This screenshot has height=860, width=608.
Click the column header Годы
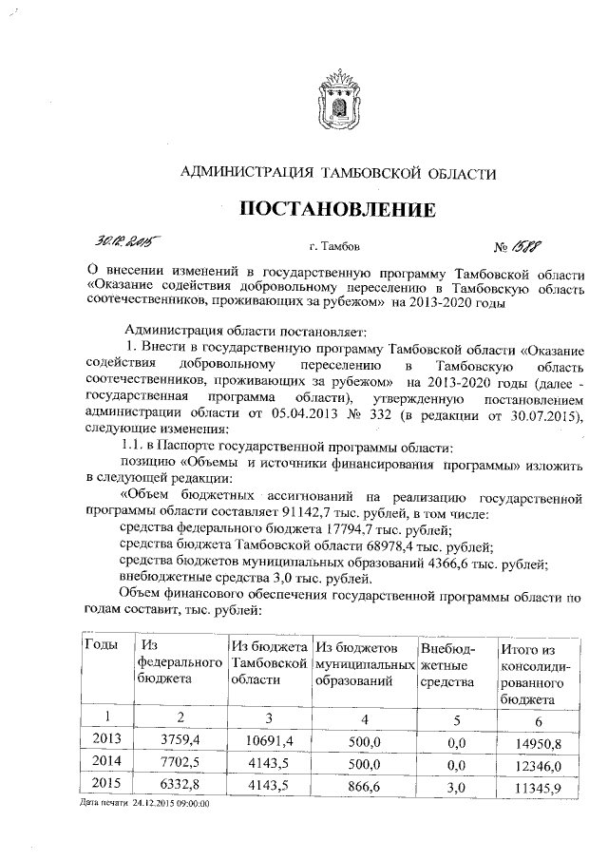click(x=102, y=645)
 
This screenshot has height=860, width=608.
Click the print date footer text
click(x=145, y=804)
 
